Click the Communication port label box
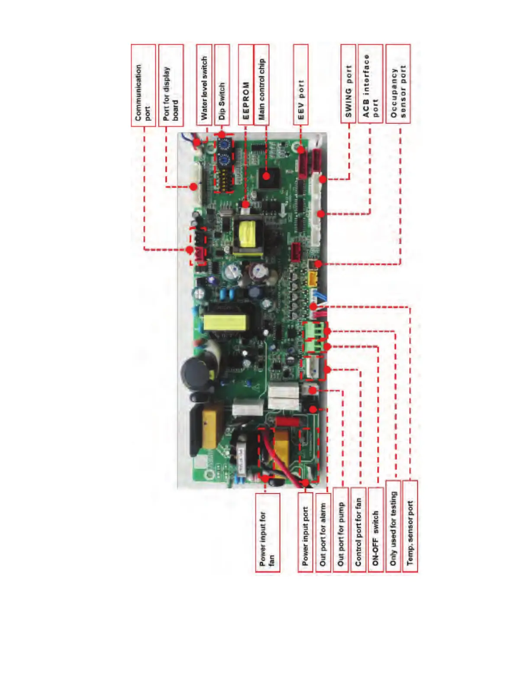[x=143, y=85]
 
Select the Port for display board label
[x=171, y=85]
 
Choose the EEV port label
[x=301, y=84]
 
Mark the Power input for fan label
[x=267, y=532]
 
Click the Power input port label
[x=305, y=532]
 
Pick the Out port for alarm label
[x=323, y=532]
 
